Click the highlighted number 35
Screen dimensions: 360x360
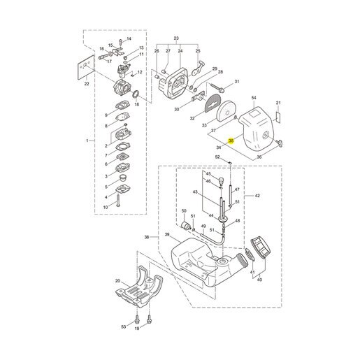point(231,141)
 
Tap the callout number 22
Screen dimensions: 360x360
point(87,84)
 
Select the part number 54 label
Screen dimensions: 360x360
point(254,98)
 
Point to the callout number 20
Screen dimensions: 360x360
point(117,281)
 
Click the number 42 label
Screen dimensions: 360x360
point(257,196)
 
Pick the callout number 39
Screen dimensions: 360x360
point(167,234)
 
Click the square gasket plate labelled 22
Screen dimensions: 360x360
point(86,67)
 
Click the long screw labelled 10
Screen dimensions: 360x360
point(118,201)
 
